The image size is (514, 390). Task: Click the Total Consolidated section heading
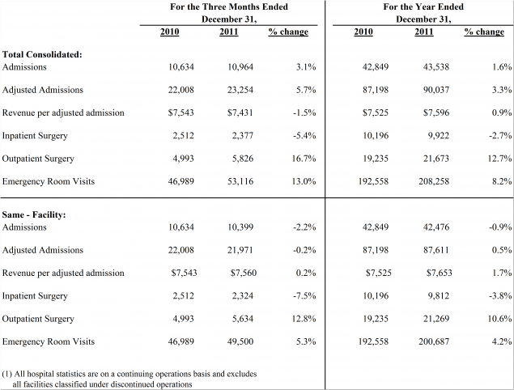pos(42,54)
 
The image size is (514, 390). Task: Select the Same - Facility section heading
pos(34,215)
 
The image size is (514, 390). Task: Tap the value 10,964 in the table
pos(240,67)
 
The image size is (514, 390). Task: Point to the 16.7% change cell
pos(304,159)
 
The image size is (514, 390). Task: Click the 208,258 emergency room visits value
pos(434,181)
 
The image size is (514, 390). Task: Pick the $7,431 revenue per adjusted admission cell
pos(240,113)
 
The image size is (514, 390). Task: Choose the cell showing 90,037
pos(436,90)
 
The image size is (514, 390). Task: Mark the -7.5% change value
pos(304,296)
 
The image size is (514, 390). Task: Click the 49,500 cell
pos(240,341)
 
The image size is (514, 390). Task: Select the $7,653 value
pos(440,273)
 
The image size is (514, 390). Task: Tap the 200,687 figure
pos(434,341)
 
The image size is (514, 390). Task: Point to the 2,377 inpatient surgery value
pos(243,136)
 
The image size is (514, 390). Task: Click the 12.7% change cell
pos(499,159)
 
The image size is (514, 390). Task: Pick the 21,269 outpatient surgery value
pos(436,319)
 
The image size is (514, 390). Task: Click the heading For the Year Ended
pos(423,7)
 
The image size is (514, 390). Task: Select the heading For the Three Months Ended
pos(229,7)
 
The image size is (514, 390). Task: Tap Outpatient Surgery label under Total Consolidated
pos(38,159)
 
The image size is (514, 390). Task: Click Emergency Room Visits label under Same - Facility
pos(49,341)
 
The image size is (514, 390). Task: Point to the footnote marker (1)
pos(7,374)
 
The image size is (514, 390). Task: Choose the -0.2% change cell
pos(304,250)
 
